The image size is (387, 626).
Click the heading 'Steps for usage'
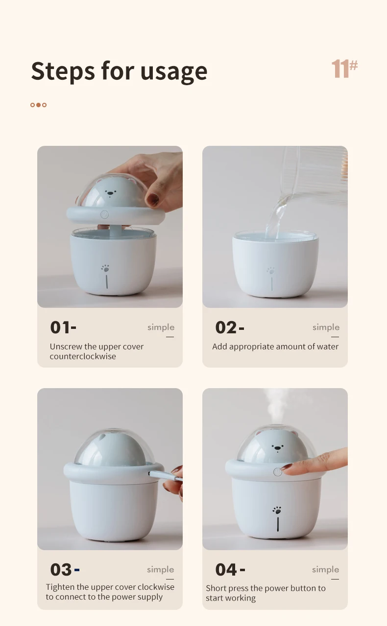tap(119, 71)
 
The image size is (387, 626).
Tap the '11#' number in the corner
tap(344, 69)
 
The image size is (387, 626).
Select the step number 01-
tap(63, 327)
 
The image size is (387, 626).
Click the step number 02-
tap(230, 327)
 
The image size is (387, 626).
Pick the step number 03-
tap(65, 570)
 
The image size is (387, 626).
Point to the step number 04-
tap(230, 570)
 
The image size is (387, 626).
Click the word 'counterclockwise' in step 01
tap(83, 356)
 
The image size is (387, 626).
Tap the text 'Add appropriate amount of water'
tap(275, 347)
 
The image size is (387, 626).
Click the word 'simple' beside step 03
tap(161, 570)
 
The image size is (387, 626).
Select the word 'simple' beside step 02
tap(326, 327)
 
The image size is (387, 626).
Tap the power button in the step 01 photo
tap(104, 215)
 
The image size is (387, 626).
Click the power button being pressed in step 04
tap(277, 472)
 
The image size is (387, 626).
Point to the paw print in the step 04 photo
tap(277, 510)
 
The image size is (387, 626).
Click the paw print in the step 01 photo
tap(105, 268)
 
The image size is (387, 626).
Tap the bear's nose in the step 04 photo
tap(277, 448)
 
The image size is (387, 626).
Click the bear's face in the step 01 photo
tap(110, 193)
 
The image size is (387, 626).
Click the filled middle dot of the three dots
tap(38, 105)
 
